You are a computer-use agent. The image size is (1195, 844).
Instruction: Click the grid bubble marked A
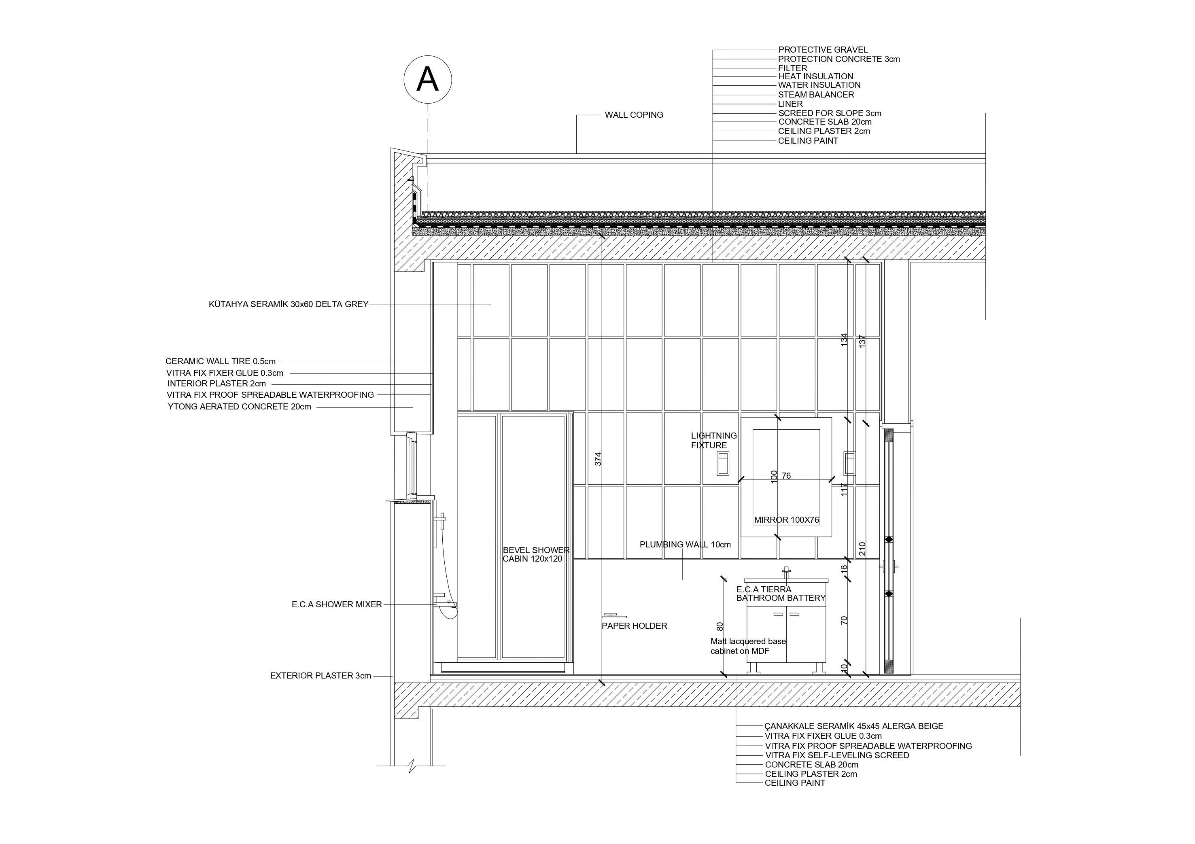click(x=428, y=80)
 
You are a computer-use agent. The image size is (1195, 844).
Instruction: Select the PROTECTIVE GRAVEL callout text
click(x=823, y=50)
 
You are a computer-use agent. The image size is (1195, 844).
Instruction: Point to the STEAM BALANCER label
click(x=815, y=95)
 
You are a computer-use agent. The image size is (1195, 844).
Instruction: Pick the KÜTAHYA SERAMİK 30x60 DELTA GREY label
click(x=289, y=304)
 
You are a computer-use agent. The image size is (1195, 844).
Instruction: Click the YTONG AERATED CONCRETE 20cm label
click(x=240, y=407)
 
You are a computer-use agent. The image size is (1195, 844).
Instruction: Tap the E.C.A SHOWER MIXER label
click(x=337, y=604)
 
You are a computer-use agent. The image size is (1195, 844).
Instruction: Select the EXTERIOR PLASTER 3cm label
click(x=321, y=676)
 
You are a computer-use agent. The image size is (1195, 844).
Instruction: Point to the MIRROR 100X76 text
click(x=786, y=520)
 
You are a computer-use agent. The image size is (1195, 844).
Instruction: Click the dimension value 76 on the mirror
click(x=786, y=475)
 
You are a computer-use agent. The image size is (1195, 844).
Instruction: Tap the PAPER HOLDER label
click(x=634, y=626)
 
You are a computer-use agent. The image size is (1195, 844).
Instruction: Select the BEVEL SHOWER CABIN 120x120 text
click(x=535, y=554)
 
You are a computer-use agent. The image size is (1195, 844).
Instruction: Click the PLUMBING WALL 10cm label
click(x=685, y=545)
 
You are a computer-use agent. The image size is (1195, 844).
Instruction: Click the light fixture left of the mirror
click(x=722, y=463)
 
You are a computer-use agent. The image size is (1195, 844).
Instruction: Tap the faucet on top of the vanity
click(x=786, y=573)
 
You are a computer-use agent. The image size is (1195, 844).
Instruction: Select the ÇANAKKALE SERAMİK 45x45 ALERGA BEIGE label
click(x=853, y=726)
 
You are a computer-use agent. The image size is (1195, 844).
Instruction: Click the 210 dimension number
click(x=862, y=549)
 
